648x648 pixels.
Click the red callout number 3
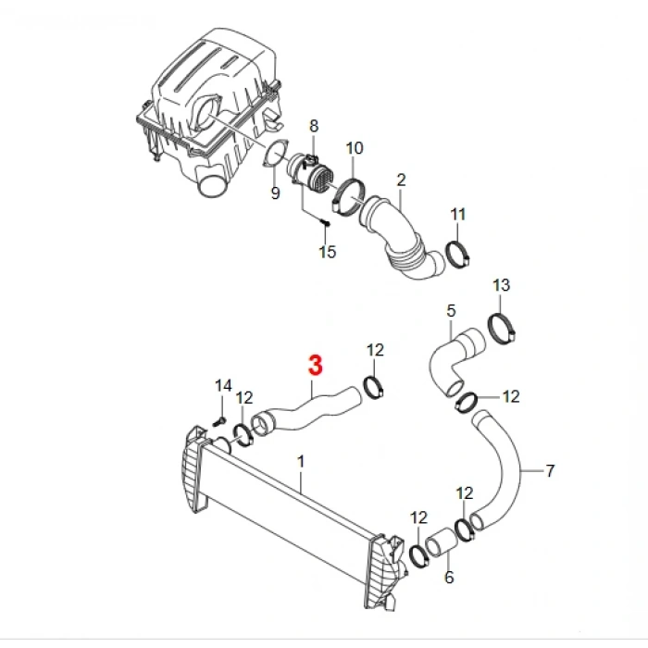pyautogui.click(x=316, y=365)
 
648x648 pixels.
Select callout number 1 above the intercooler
pyautogui.click(x=301, y=462)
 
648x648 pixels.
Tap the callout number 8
pyautogui.click(x=314, y=126)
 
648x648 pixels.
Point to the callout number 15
pyautogui.click(x=328, y=252)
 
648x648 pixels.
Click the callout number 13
pyautogui.click(x=502, y=285)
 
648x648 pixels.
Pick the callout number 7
pyautogui.click(x=550, y=471)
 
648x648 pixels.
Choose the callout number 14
pyautogui.click(x=223, y=386)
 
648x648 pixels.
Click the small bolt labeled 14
pyautogui.click(x=219, y=422)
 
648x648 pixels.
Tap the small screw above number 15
pyautogui.click(x=326, y=223)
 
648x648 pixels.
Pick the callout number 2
pyautogui.click(x=401, y=181)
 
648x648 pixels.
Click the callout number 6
pyautogui.click(x=449, y=578)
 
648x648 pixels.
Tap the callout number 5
pyautogui.click(x=451, y=311)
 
